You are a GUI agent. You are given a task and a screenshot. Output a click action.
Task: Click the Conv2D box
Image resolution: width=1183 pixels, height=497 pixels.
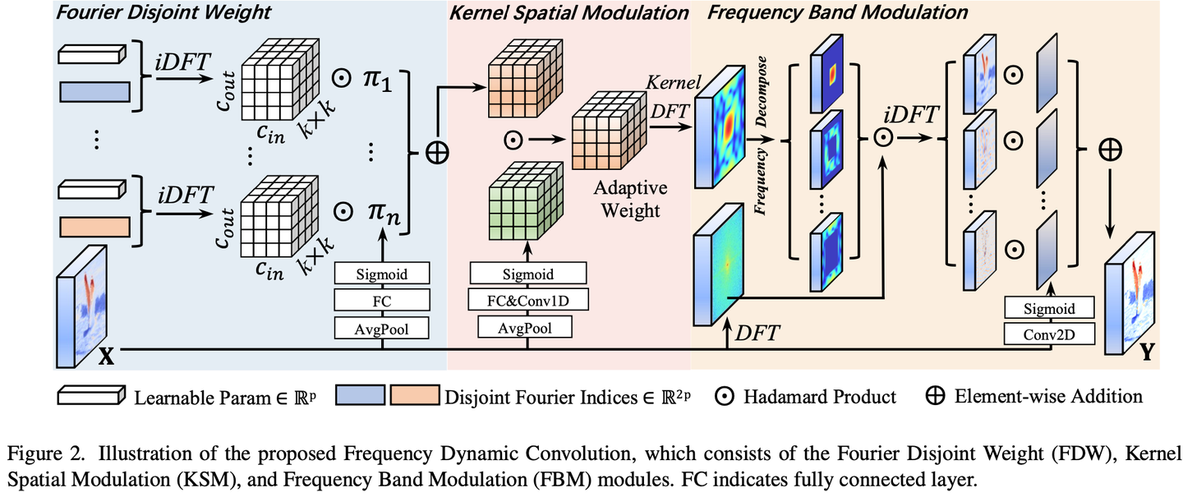tap(1049, 334)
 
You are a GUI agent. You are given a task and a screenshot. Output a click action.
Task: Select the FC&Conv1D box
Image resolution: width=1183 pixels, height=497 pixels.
tap(527, 300)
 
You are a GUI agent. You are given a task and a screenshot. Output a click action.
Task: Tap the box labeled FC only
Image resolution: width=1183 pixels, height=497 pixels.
tap(382, 301)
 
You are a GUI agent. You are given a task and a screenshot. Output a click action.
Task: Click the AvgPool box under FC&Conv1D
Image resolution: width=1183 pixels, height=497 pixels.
tap(525, 328)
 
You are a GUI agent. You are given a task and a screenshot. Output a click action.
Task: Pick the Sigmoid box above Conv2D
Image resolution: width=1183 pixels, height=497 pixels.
tap(1049, 308)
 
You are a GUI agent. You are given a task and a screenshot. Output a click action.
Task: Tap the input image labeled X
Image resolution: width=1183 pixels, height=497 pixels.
tap(81, 306)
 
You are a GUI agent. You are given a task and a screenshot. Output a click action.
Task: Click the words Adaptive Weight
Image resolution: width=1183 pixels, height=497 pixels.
tap(630, 199)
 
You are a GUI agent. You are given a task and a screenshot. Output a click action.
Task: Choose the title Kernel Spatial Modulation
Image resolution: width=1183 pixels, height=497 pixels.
tap(568, 12)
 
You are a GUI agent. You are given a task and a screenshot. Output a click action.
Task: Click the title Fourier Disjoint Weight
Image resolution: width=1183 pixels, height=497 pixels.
tap(163, 12)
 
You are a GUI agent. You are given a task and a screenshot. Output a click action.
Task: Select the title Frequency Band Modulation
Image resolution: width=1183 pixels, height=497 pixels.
tap(837, 12)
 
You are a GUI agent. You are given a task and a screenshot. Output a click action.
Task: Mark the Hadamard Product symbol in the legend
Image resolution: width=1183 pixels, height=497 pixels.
tap(724, 397)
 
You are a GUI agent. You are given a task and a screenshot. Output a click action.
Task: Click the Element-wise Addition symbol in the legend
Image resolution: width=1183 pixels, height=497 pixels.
tap(935, 396)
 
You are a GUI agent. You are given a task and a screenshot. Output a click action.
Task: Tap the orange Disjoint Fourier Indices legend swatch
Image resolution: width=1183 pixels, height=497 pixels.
tap(415, 395)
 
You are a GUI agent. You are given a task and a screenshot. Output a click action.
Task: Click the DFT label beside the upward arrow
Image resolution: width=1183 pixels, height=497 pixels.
tap(757, 333)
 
